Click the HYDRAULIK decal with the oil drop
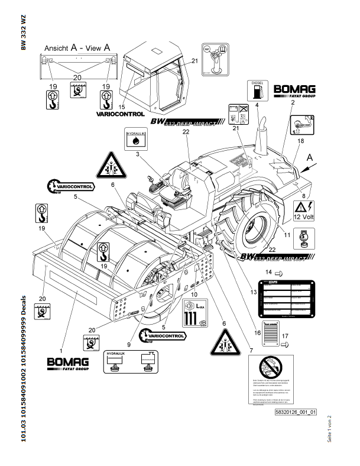[136, 140]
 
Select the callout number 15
[122, 106]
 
